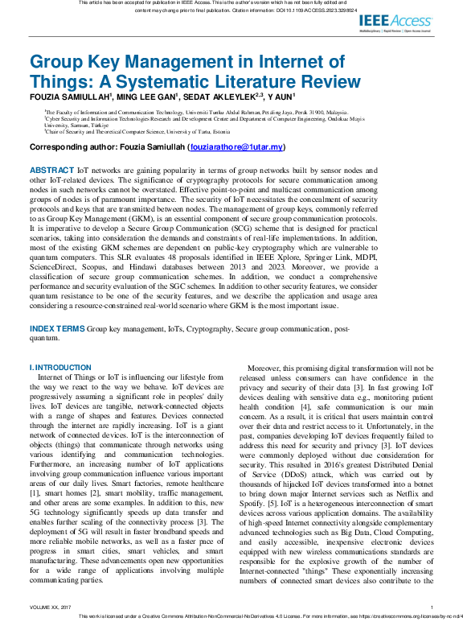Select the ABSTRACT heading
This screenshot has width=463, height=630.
[x=51, y=171]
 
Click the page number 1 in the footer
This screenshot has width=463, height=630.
[x=432, y=608]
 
